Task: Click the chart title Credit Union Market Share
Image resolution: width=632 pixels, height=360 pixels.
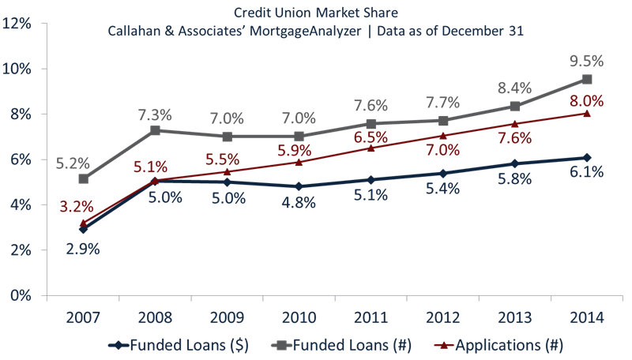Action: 316,13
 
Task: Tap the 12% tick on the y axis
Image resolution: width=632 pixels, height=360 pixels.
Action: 17,23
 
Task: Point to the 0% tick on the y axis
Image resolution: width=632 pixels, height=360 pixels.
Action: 21,295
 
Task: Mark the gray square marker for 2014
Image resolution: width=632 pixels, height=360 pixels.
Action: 587,80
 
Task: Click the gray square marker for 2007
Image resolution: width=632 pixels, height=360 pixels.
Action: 84,179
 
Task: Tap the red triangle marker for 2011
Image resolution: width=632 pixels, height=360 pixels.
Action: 371,148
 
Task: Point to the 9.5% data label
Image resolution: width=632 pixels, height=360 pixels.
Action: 587,61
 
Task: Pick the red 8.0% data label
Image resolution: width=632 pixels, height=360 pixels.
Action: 587,101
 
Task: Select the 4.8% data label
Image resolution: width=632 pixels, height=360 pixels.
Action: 299,203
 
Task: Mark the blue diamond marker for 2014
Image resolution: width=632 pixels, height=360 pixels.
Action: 587,157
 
